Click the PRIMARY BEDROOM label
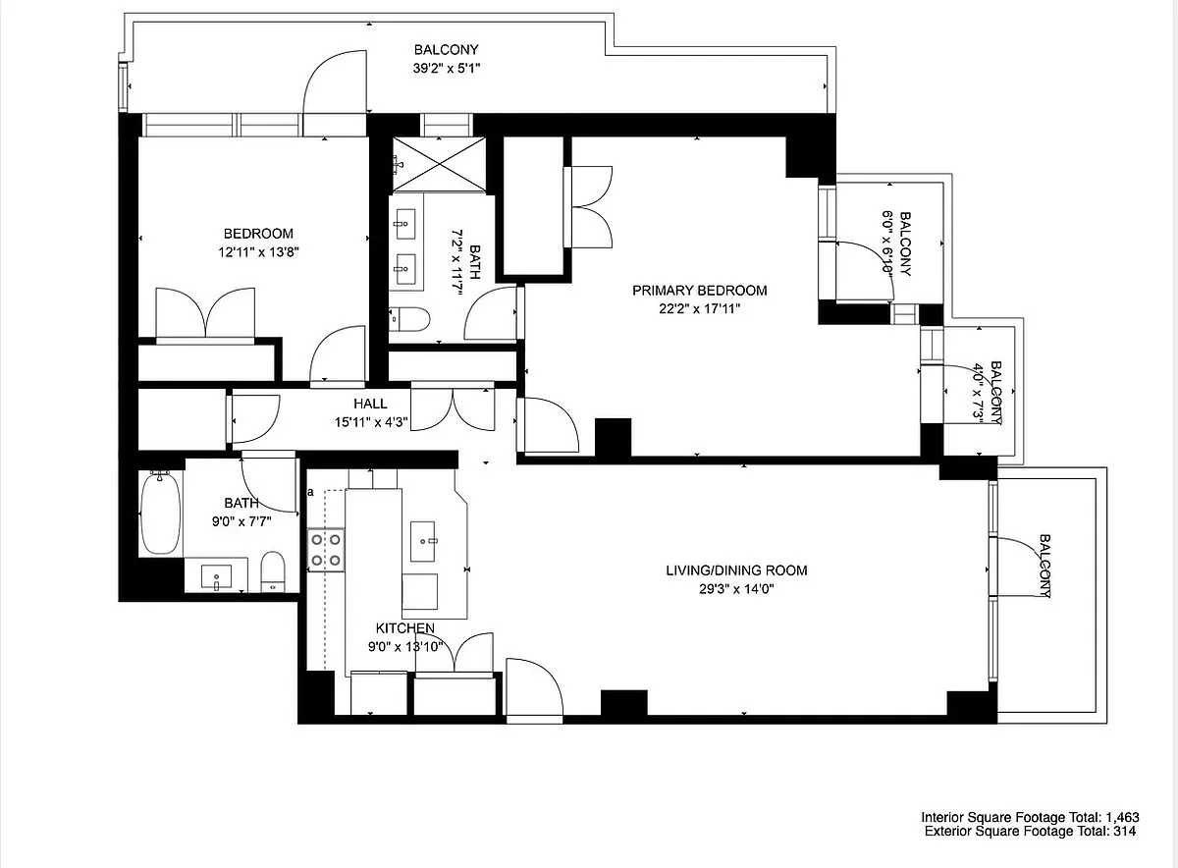coord(699,291)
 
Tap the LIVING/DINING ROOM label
coord(736,570)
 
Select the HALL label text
coord(370,404)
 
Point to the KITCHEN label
coord(404,628)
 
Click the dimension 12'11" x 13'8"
coord(258,252)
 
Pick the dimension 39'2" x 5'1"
coord(447,68)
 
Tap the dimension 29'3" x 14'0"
coord(736,589)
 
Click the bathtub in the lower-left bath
coord(160,513)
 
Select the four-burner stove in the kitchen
coord(326,550)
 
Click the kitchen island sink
coord(423,541)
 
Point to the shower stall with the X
coord(439,164)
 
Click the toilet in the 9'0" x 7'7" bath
coord(273,571)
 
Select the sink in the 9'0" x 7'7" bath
coord(216,577)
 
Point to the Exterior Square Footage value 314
coord(1124,831)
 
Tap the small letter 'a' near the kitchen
coord(310,492)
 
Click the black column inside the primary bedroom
coord(613,438)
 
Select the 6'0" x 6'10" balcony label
coord(896,244)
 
